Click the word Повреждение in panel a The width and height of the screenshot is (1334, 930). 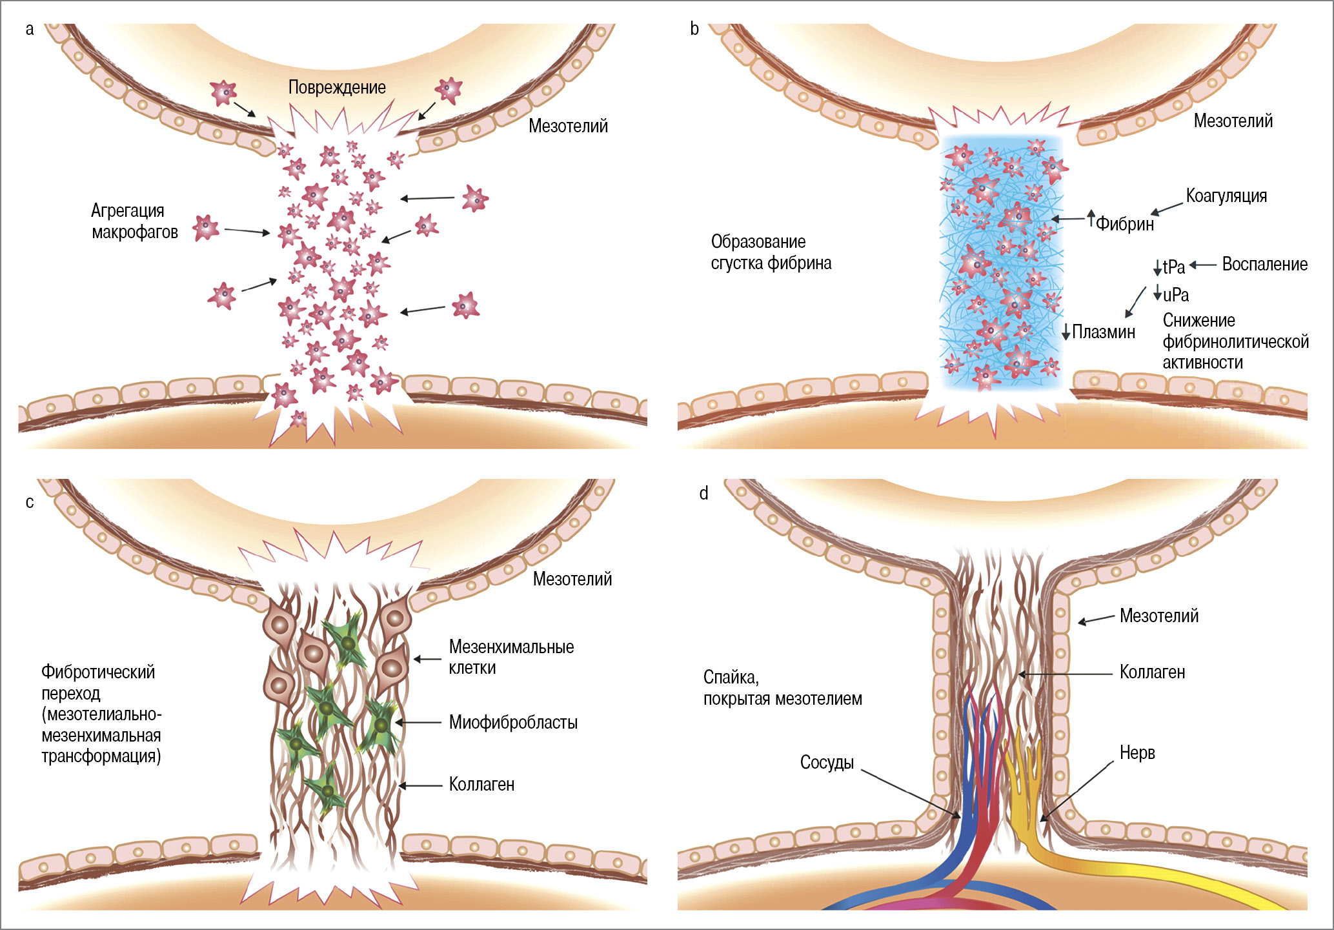click(337, 87)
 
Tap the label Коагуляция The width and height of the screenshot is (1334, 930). click(1226, 196)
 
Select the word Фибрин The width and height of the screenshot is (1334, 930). click(1125, 224)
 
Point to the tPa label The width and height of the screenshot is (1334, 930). click(1174, 267)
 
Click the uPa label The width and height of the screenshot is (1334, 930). click(1176, 295)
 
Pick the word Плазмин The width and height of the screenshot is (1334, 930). click(1104, 332)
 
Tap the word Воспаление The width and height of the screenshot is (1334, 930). click(1264, 264)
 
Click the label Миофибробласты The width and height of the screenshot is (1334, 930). click(513, 722)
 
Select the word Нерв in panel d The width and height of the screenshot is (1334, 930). click(1137, 753)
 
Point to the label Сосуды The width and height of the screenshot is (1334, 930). click(827, 762)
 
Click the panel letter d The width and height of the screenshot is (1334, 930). click(703, 494)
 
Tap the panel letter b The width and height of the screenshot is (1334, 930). click(694, 28)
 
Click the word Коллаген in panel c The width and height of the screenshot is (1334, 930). click(481, 784)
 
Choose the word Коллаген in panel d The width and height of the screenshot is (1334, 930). click(1152, 672)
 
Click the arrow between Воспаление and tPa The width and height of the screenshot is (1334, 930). click(1203, 265)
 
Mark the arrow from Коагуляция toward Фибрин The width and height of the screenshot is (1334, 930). click(1167, 209)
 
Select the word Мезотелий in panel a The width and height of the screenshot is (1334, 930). click(568, 126)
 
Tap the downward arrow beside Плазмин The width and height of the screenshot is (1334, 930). click(1066, 332)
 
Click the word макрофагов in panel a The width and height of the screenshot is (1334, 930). click(135, 232)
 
